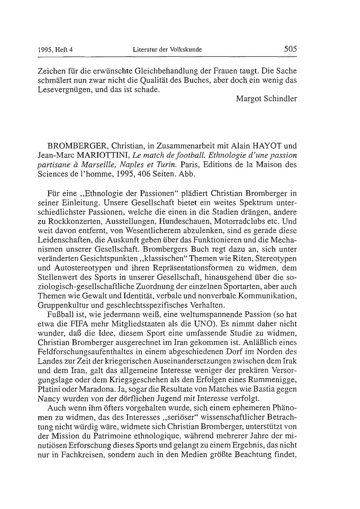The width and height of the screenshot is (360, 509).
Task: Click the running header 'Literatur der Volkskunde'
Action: click(167, 50)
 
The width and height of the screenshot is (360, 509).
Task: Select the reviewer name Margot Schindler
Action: click(266, 98)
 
